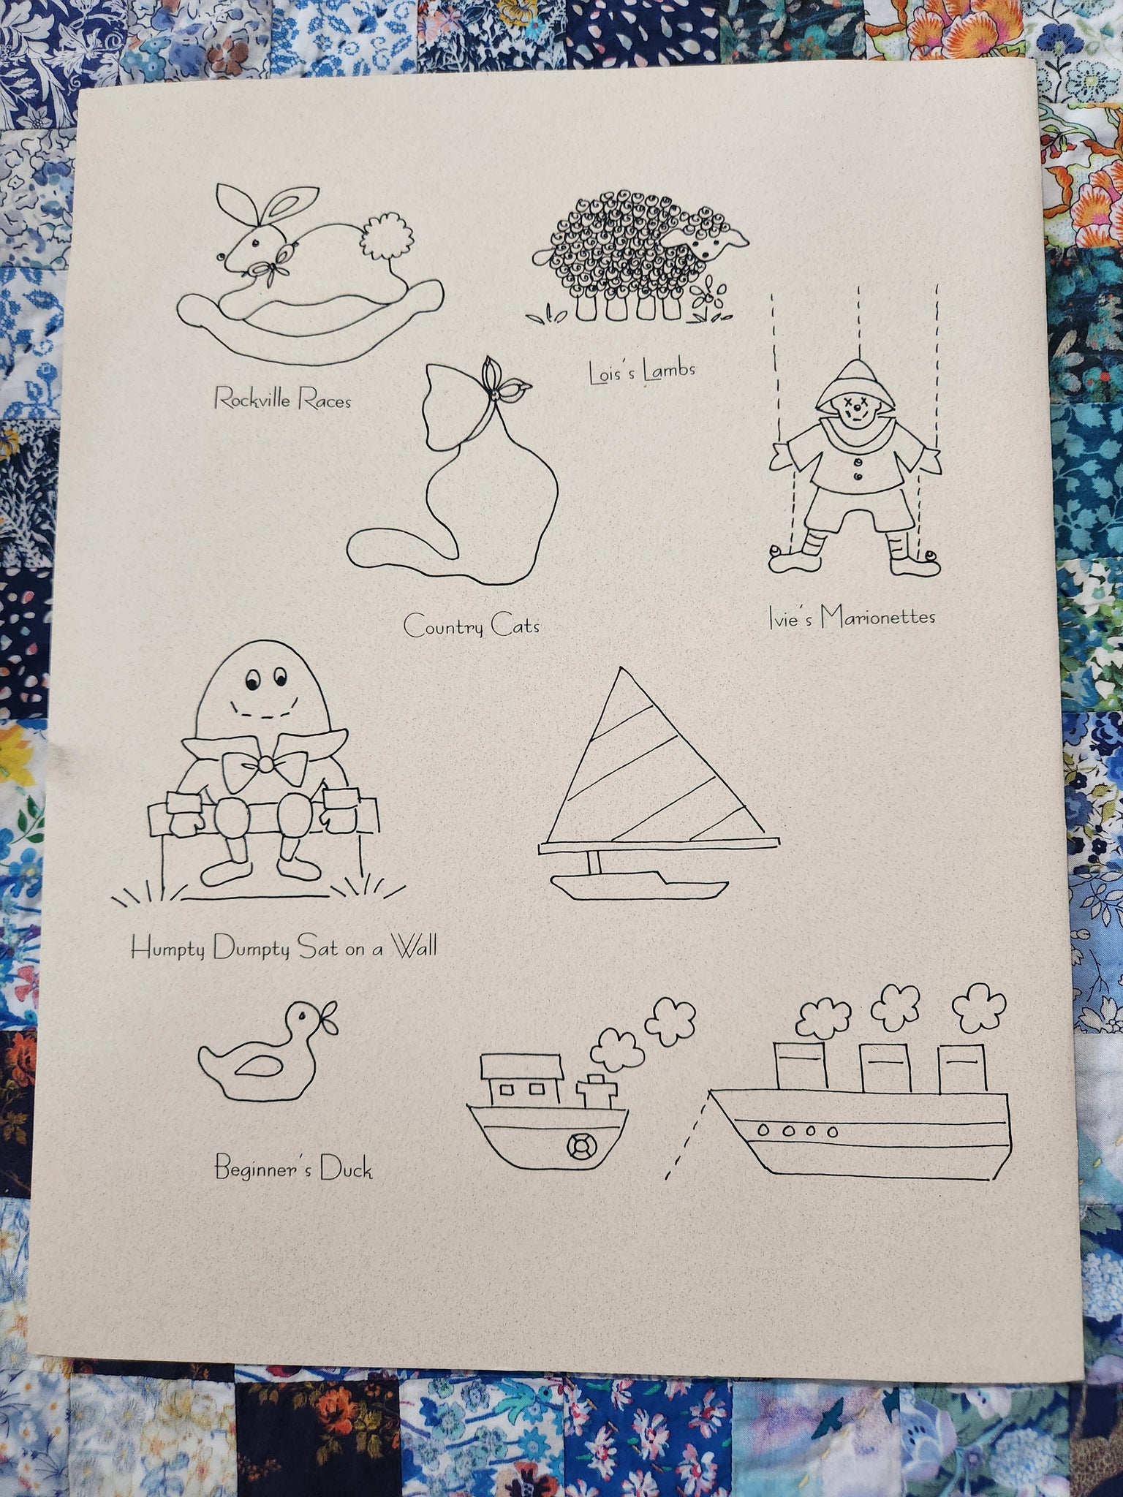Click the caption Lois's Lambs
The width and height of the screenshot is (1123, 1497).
pos(642,372)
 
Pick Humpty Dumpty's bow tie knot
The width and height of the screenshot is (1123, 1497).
pos(265,764)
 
